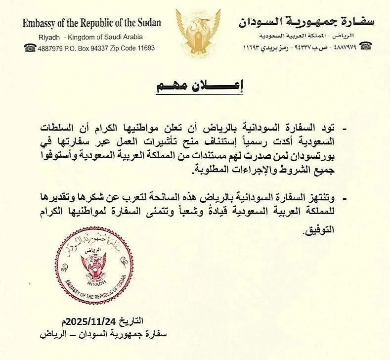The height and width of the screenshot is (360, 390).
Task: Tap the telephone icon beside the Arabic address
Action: (x=365, y=46)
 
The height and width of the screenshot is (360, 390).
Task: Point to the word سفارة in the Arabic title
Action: (x=356, y=22)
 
